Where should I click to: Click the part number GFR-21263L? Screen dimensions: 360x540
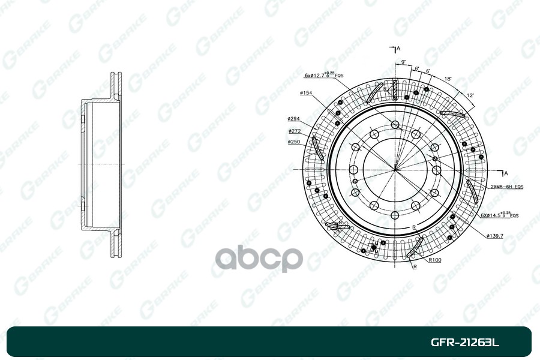(x=465, y=343)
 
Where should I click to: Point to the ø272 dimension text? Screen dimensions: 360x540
(x=294, y=131)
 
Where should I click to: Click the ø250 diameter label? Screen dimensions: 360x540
(x=294, y=142)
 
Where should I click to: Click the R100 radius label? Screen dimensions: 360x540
(x=436, y=260)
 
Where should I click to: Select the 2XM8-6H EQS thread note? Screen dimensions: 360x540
(x=507, y=187)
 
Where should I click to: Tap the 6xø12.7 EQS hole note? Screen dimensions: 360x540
(x=323, y=75)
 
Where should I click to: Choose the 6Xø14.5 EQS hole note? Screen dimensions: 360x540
(x=499, y=214)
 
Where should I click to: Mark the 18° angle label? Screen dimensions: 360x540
(x=448, y=79)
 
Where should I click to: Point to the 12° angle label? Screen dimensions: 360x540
(x=470, y=95)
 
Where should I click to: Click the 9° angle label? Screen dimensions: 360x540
(x=404, y=62)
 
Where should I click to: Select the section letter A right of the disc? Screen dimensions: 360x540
(x=506, y=173)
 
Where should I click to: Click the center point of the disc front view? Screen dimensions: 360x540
(x=395, y=169)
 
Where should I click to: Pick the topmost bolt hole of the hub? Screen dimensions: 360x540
(x=395, y=124)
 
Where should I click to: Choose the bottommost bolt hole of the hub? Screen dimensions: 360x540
(x=395, y=215)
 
